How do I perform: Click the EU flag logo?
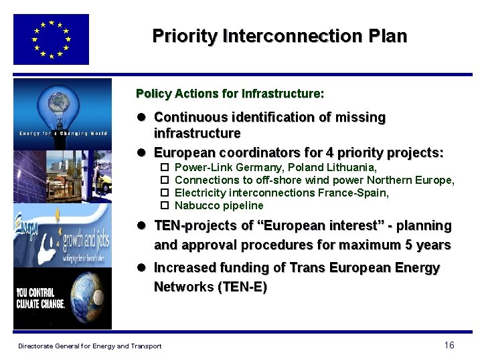(51, 39)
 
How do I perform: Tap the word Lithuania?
(353, 167)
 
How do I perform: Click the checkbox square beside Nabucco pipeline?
(164, 205)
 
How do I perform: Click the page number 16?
(449, 345)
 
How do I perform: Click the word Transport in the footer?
(145, 346)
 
